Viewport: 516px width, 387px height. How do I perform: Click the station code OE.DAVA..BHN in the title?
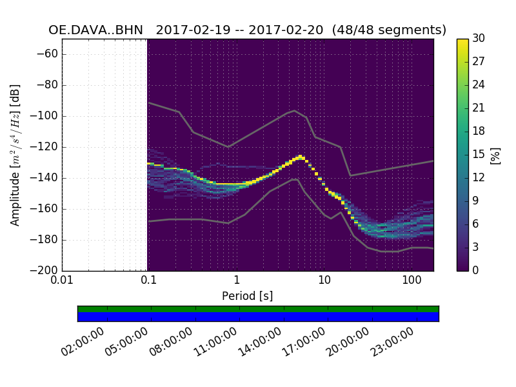tap(96, 30)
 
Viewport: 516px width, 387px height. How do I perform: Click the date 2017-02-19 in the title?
tap(192, 30)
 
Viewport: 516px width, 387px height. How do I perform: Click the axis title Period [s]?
tap(248, 296)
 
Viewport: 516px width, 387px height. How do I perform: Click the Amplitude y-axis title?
tap(15, 155)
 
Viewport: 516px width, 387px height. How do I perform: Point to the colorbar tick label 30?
tap(479, 39)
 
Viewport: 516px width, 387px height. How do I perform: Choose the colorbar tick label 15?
tap(479, 155)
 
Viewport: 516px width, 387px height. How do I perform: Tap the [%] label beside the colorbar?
tap(495, 155)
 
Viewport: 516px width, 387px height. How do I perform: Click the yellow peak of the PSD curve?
tap(301, 157)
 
